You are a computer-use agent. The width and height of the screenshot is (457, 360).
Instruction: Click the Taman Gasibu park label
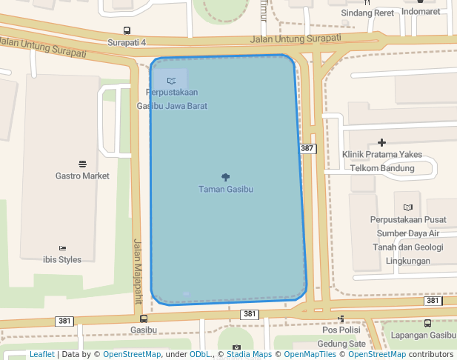(x=226, y=189)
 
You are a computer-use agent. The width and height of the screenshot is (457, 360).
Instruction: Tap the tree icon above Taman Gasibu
(x=226, y=176)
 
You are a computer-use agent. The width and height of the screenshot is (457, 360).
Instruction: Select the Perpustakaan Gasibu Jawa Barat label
(x=172, y=99)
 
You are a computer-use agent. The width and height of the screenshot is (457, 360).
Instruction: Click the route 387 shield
(x=308, y=149)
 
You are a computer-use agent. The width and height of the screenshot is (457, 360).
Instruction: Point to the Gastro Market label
(x=82, y=176)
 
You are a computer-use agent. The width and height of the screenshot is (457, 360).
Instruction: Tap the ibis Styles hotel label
(x=62, y=259)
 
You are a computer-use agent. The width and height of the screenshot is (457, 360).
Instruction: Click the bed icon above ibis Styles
(x=62, y=247)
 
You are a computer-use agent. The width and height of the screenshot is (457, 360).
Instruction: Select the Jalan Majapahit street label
(x=138, y=271)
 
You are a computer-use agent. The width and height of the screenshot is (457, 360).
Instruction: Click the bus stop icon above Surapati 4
(x=127, y=31)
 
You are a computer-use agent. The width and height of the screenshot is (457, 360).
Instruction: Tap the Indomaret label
(x=421, y=12)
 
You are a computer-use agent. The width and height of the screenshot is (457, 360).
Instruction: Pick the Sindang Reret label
(x=367, y=13)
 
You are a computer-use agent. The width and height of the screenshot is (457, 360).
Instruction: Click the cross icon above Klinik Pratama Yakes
(x=382, y=142)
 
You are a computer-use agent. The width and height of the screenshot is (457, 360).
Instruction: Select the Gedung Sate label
(x=341, y=344)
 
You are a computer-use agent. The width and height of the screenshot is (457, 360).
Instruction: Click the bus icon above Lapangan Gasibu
(x=428, y=323)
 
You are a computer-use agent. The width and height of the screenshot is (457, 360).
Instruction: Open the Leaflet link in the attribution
(x=41, y=354)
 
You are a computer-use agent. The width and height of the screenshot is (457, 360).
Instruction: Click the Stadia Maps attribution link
(x=249, y=354)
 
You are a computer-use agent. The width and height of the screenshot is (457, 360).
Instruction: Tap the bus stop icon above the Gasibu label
(x=144, y=319)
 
